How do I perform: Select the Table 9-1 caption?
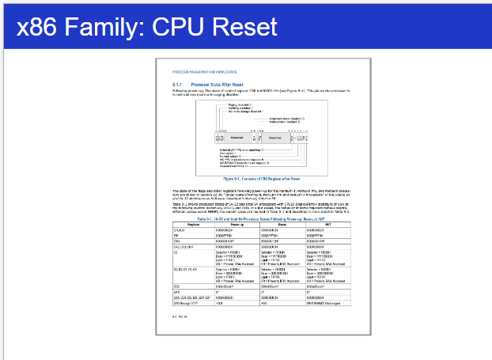(260, 218)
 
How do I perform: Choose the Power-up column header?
(237, 223)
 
